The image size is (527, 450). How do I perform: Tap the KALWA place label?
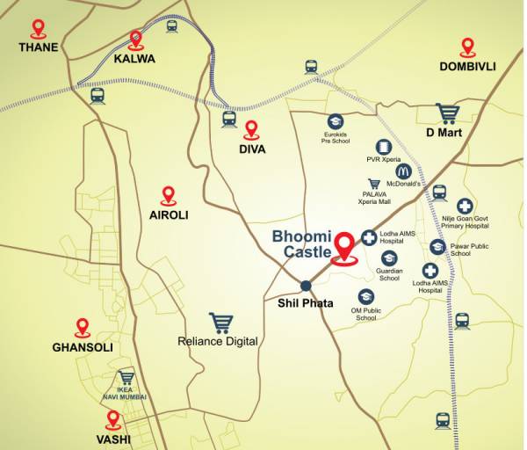(134, 59)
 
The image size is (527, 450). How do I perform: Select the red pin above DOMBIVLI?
(467, 47)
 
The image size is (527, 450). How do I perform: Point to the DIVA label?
(252, 149)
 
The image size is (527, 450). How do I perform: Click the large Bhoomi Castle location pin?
(345, 246)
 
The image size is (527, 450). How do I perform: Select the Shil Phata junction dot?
(306, 285)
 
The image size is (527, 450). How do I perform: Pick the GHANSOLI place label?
(83, 347)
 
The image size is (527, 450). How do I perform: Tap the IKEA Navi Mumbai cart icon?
(126, 378)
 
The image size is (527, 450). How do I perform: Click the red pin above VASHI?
(113, 419)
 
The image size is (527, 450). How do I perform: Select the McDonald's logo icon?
(404, 171)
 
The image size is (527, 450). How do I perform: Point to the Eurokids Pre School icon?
(335, 120)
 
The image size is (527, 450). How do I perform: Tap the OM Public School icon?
(365, 298)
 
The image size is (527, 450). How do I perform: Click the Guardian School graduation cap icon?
(389, 258)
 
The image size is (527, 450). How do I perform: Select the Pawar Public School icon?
(437, 247)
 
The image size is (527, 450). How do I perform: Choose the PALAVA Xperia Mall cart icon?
(375, 185)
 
